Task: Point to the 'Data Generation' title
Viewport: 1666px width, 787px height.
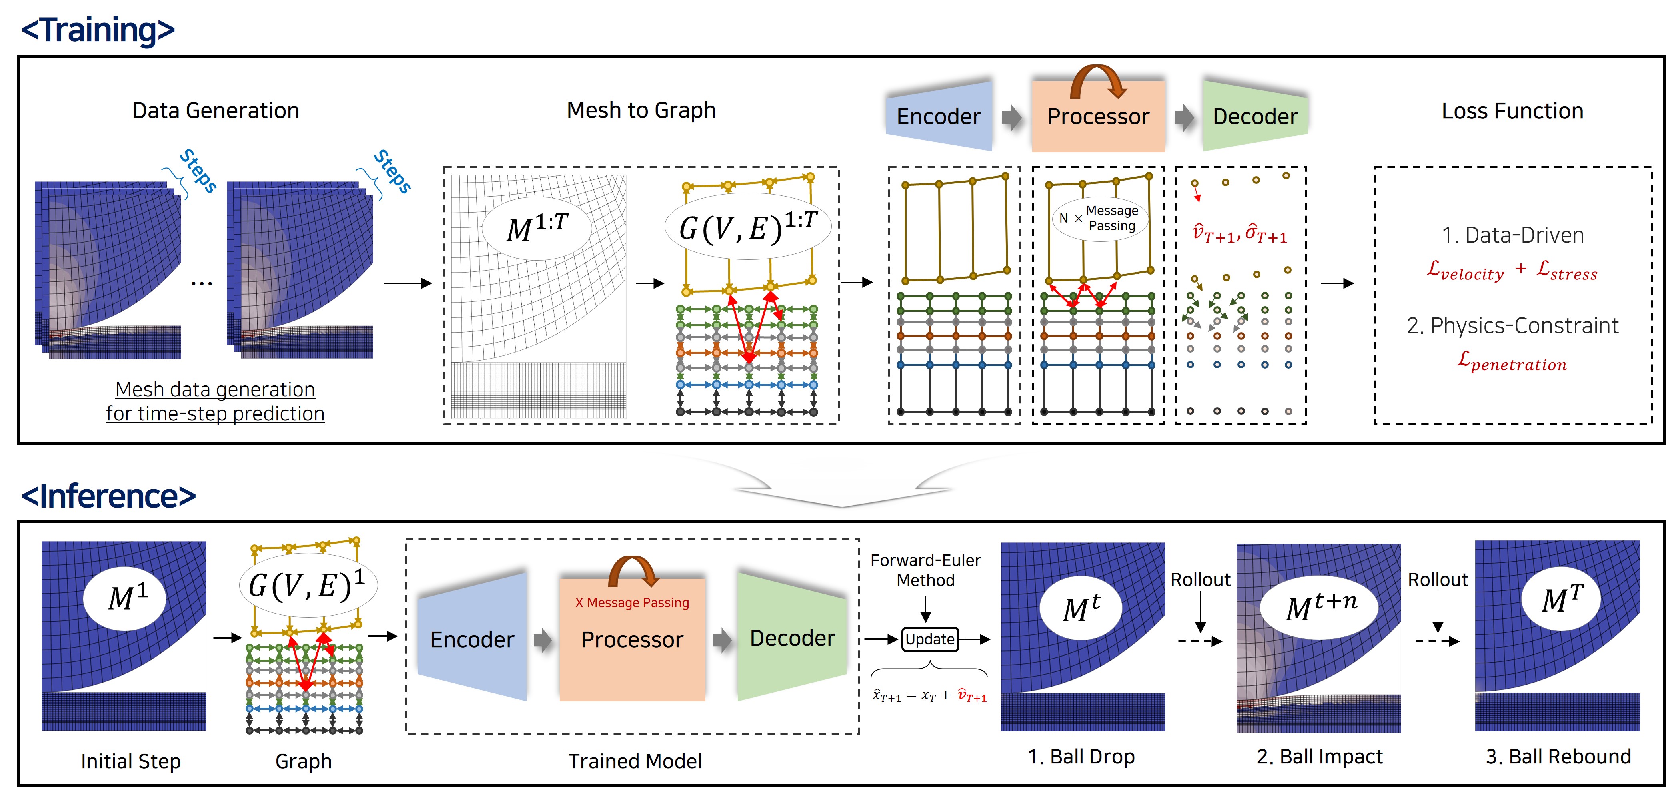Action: pyautogui.click(x=216, y=110)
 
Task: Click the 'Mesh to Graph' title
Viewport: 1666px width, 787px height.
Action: pyautogui.click(x=641, y=110)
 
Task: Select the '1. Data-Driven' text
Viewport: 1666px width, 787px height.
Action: pyautogui.click(x=1512, y=235)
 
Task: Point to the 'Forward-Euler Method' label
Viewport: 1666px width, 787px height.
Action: pyautogui.click(x=925, y=570)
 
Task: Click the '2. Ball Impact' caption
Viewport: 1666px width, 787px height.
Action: pyautogui.click(x=1319, y=757)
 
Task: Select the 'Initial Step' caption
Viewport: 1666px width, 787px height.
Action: pyautogui.click(x=131, y=761)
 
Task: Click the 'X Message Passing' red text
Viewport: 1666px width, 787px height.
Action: pyautogui.click(x=632, y=602)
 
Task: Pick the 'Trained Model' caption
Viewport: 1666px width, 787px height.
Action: pyautogui.click(x=635, y=761)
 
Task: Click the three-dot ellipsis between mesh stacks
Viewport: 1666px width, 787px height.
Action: pyautogui.click(x=202, y=283)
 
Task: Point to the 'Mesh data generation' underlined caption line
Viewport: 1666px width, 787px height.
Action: pyautogui.click(x=216, y=389)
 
